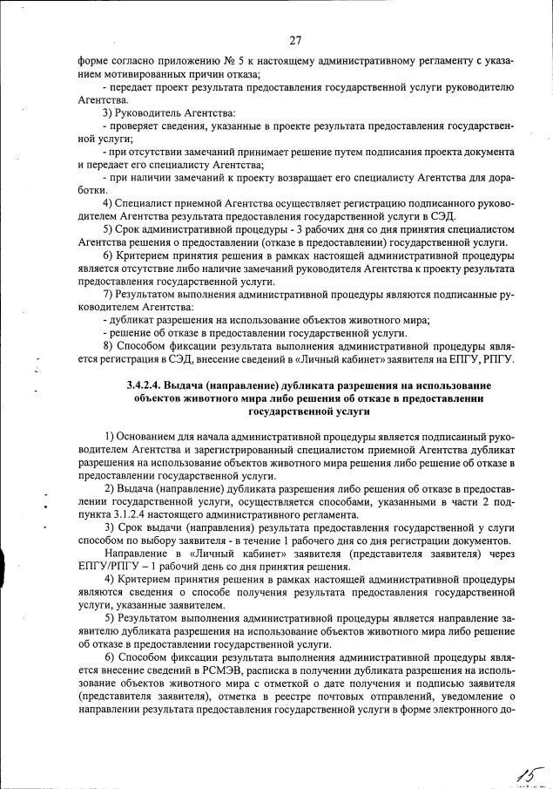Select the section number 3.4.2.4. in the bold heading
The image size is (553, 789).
pyautogui.click(x=151, y=385)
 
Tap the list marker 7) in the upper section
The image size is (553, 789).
pyautogui.click(x=110, y=295)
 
